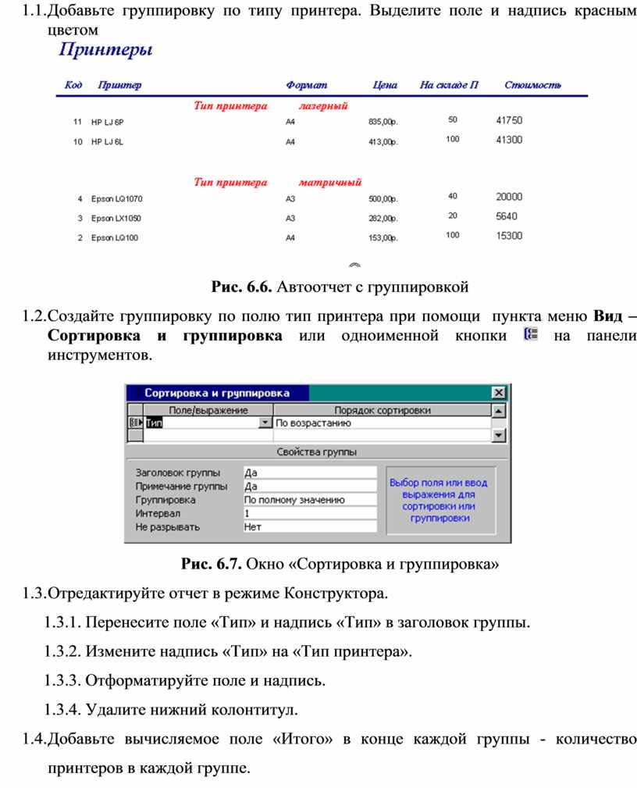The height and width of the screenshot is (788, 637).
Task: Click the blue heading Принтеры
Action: [x=105, y=52]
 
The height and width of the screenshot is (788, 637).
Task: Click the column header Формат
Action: [x=306, y=85]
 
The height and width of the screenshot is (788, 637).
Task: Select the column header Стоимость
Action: [x=532, y=85]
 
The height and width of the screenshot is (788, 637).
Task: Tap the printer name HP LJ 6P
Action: [x=108, y=122]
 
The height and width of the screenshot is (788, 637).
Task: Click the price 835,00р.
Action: [x=383, y=122]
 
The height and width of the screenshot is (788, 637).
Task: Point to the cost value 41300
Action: [x=509, y=140]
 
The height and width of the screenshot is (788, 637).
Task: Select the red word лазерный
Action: [x=322, y=105]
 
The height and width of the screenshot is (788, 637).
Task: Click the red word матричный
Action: [x=330, y=183]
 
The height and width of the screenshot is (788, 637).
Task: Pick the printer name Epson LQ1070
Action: [x=116, y=198]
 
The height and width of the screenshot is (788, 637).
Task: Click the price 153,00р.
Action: [x=383, y=237]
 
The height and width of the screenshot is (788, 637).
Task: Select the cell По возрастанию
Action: [x=313, y=423]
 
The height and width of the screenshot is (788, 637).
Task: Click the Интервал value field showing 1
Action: [x=309, y=513]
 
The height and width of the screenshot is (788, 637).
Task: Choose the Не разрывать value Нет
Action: [x=309, y=527]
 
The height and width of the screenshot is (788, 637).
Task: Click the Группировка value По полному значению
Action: [x=309, y=500]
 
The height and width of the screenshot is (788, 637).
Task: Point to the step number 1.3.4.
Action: [x=63, y=710]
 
